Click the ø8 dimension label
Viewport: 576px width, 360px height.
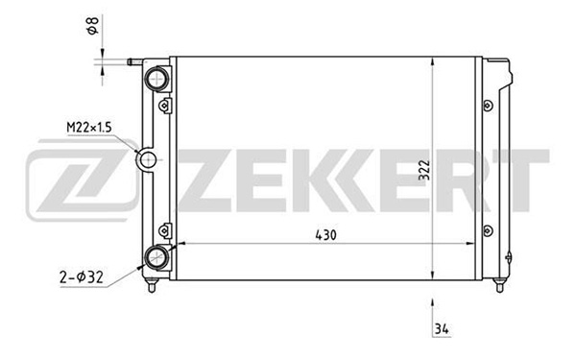tap(93, 26)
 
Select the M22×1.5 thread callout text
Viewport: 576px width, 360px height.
tap(89, 128)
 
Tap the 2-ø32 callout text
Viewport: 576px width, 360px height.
tap(82, 277)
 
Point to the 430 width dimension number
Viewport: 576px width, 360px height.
tap(325, 235)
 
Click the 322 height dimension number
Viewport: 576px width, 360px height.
tap(424, 170)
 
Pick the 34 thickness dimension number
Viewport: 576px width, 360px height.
tap(442, 328)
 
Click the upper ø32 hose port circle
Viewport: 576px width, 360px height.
tap(156, 79)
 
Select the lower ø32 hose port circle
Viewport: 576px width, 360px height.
tap(156, 257)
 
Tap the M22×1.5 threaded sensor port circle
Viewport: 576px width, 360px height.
tap(147, 159)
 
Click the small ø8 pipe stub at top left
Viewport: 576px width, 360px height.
tap(134, 61)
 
